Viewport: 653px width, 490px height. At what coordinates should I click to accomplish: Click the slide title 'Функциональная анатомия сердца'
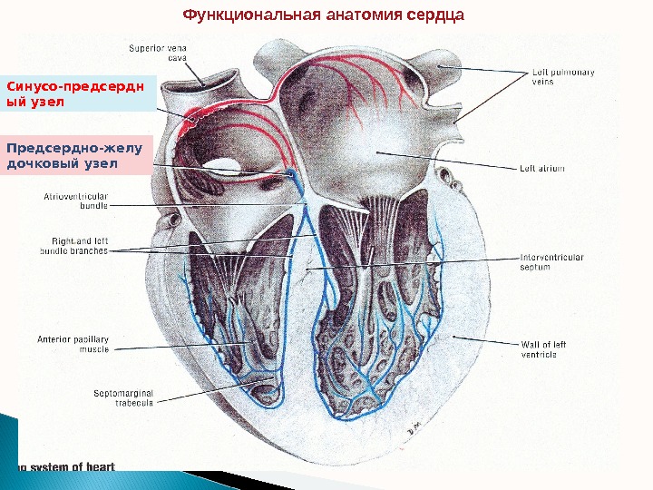tap(324, 15)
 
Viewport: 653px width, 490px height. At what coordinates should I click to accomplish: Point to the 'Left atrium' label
tap(542, 168)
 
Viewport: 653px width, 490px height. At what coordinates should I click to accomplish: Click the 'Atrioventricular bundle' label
tap(76, 201)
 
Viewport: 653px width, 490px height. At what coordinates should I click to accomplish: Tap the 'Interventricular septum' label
tap(551, 262)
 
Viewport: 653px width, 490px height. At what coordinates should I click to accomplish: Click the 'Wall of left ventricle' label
tap(544, 349)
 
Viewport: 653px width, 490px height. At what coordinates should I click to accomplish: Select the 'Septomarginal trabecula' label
tap(123, 398)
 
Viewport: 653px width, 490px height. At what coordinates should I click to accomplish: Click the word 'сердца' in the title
tap(434, 15)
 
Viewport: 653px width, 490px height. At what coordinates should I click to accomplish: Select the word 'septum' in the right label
tap(535, 268)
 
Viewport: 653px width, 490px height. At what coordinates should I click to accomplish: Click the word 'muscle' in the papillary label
tap(93, 349)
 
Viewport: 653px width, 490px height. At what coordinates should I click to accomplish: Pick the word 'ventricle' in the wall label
tap(539, 355)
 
